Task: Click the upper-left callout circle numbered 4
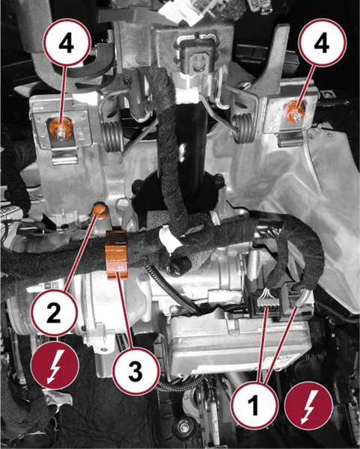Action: pyautogui.click(x=67, y=43)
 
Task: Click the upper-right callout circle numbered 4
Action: pyautogui.click(x=322, y=43)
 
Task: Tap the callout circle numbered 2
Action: pyautogui.click(x=55, y=312)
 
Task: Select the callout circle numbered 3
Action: pyautogui.click(x=135, y=371)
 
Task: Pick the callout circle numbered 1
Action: pyautogui.click(x=254, y=405)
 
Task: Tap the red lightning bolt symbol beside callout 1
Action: pyautogui.click(x=309, y=405)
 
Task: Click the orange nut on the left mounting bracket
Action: pyautogui.click(x=60, y=128)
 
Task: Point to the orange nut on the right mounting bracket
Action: pyautogui.click(x=294, y=111)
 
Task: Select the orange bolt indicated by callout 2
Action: pyautogui.click(x=101, y=210)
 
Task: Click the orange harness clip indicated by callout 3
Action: pyautogui.click(x=116, y=255)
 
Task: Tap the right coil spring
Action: pyautogui.click(x=243, y=128)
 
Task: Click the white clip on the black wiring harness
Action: pyautogui.click(x=168, y=236)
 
